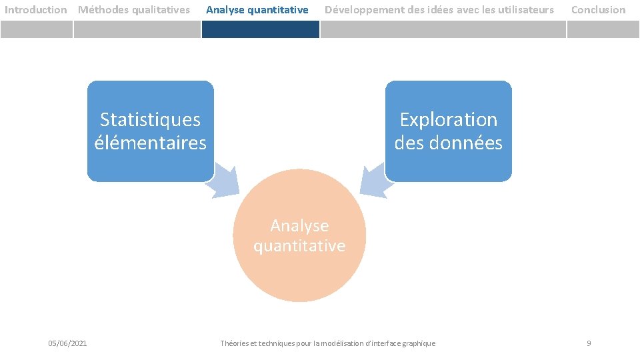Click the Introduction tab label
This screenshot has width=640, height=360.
tap(36, 10)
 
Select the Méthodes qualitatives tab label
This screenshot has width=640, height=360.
tap(134, 10)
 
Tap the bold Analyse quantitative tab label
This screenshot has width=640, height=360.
tap(257, 10)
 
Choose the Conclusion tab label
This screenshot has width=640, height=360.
tap(599, 10)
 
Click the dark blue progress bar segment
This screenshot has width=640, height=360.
tap(261, 29)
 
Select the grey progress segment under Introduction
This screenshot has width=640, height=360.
tap(36, 29)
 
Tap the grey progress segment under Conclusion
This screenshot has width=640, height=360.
tap(603, 29)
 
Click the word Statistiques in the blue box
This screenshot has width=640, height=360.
tap(150, 120)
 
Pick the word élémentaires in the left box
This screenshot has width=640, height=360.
tap(150, 143)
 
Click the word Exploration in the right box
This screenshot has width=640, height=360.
tap(448, 120)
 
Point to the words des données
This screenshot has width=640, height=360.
tap(448, 143)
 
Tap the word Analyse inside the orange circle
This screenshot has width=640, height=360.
tap(299, 226)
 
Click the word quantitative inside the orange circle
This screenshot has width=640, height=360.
tap(299, 246)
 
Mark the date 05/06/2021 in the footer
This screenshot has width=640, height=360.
tap(67, 343)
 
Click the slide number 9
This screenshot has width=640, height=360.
tap(589, 343)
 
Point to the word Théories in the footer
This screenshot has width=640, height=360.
tap(235, 343)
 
